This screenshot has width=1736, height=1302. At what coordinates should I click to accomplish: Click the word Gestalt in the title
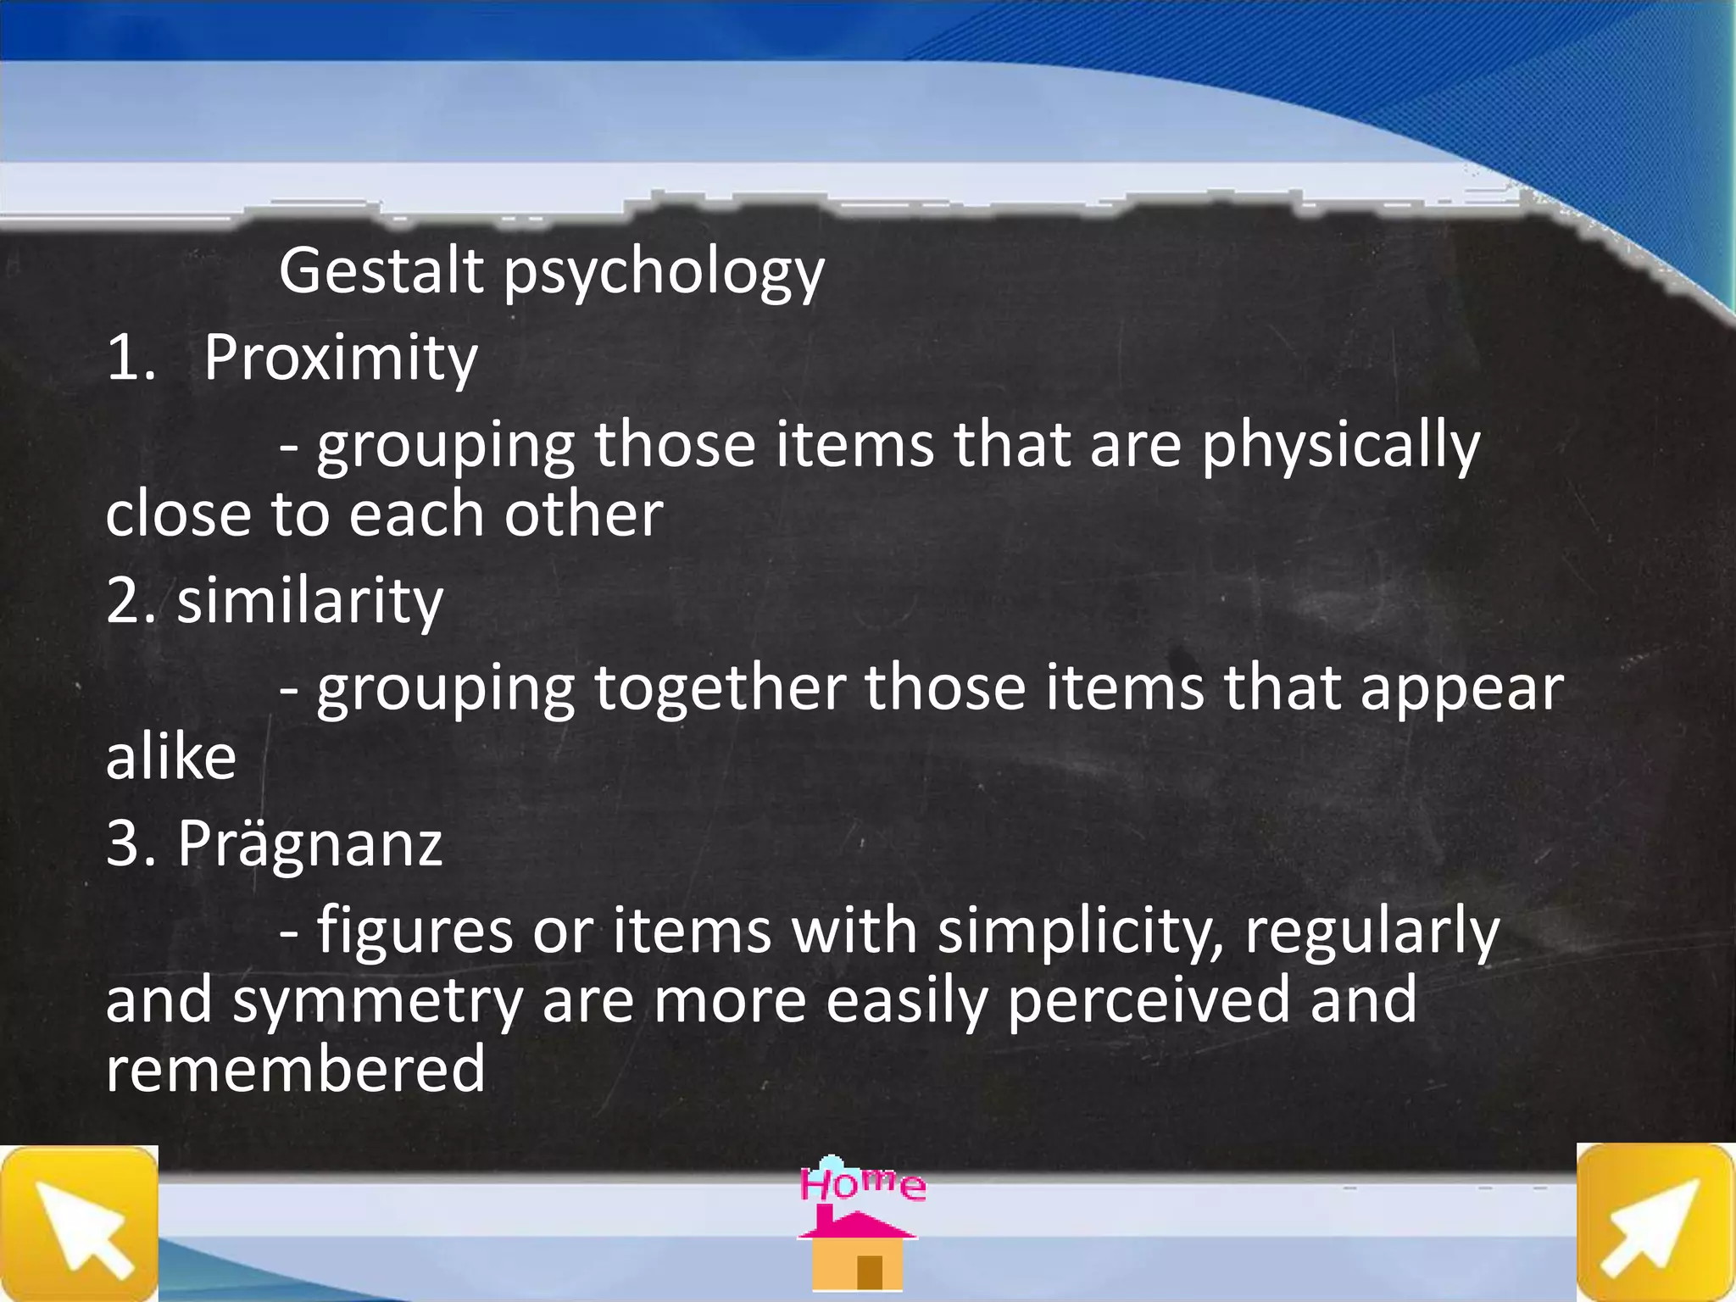tap(381, 271)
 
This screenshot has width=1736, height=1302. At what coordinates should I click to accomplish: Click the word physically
tap(1340, 447)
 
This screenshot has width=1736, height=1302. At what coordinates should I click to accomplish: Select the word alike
tap(170, 756)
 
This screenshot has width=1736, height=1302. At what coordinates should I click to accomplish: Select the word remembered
tap(295, 1070)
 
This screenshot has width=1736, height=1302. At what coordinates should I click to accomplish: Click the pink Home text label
tap(862, 1182)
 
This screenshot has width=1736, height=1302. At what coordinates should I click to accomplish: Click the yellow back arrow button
tap(79, 1223)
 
